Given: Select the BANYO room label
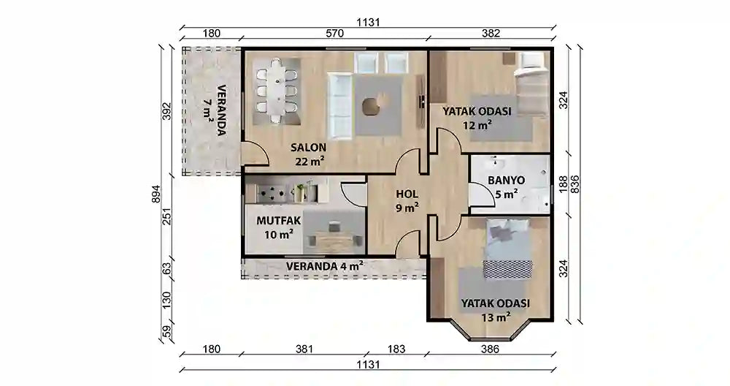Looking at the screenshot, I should click(x=503, y=180).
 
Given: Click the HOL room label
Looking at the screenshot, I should click(x=407, y=194).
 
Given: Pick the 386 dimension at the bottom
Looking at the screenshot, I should click(x=490, y=349).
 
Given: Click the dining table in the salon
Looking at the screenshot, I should click(x=277, y=90).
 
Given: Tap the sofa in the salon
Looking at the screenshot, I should click(x=340, y=105).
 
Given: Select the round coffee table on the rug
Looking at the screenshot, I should click(x=372, y=107).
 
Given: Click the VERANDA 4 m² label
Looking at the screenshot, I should click(x=325, y=266).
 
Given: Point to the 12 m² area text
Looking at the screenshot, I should click(x=477, y=125).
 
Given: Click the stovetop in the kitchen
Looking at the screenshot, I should click(x=273, y=193).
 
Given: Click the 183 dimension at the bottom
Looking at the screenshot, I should click(x=396, y=349).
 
